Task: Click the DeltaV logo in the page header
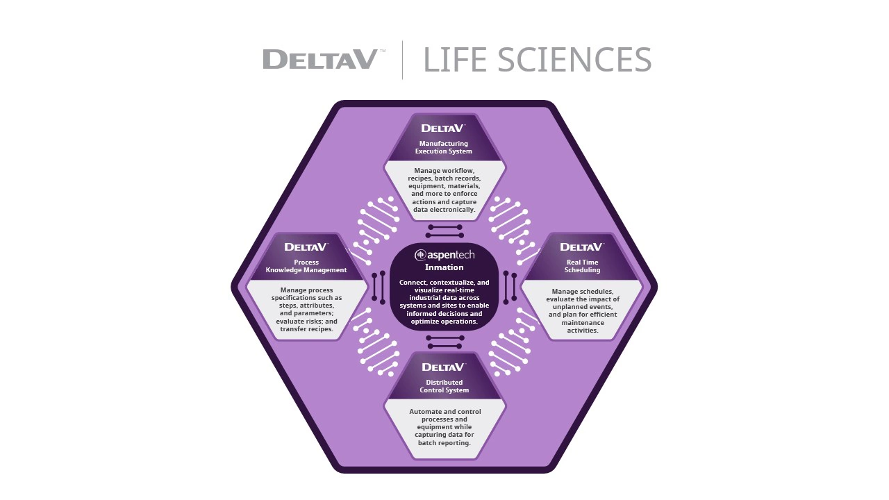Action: (320, 59)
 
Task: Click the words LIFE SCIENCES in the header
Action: (537, 60)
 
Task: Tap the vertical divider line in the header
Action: (402, 60)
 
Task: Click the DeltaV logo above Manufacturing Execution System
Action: (443, 128)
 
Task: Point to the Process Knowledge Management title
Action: (306, 266)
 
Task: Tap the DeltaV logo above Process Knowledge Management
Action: (306, 247)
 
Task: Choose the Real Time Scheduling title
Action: (582, 266)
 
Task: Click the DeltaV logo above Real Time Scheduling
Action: (581, 247)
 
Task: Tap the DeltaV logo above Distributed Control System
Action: (443, 367)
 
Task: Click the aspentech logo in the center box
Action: (444, 255)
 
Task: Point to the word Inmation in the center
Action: (444, 267)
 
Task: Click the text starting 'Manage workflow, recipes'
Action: (444, 190)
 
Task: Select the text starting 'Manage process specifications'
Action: (306, 310)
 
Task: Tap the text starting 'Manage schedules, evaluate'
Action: (582, 310)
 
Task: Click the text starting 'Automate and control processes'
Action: (444, 427)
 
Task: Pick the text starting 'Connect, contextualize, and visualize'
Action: (444, 302)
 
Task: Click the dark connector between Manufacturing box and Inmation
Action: (445, 231)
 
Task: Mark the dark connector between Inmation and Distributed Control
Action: (445, 342)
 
